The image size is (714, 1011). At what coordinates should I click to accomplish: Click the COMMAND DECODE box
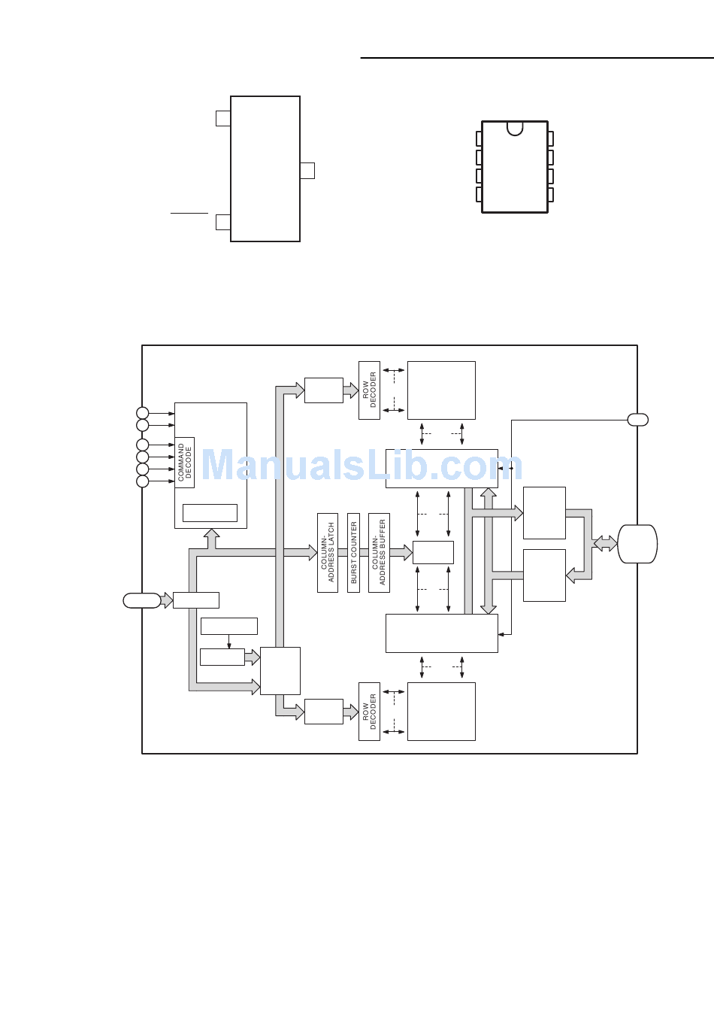(x=185, y=463)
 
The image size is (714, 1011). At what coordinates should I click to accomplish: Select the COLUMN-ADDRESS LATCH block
(x=328, y=553)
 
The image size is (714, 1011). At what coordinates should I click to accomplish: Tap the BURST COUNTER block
(x=354, y=553)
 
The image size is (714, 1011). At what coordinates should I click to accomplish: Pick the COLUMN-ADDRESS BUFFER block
(x=379, y=553)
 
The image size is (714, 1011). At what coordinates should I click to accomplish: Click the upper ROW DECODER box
(x=369, y=390)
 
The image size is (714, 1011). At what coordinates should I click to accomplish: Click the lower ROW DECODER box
(x=369, y=712)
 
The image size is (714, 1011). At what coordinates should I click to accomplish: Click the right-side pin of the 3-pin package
(x=307, y=171)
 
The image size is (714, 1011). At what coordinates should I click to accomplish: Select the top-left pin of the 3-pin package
(x=223, y=118)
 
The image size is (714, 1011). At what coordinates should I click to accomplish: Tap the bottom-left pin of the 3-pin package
(x=223, y=222)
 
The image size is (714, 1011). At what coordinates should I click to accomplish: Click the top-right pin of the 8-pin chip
(x=551, y=139)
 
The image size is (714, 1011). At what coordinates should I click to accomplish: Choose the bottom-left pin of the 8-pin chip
(x=479, y=195)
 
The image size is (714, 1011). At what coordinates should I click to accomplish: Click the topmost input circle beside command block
(x=143, y=413)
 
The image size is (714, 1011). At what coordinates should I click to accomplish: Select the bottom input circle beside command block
(x=143, y=481)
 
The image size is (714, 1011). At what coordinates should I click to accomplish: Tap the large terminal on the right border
(x=637, y=544)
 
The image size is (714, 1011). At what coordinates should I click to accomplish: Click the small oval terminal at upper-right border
(x=637, y=420)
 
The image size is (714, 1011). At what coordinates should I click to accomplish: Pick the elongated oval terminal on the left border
(x=142, y=600)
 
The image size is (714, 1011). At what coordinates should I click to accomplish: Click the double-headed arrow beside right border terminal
(x=605, y=543)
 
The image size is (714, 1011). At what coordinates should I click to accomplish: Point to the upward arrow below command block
(x=211, y=538)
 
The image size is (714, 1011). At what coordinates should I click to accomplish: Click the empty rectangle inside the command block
(x=210, y=513)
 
